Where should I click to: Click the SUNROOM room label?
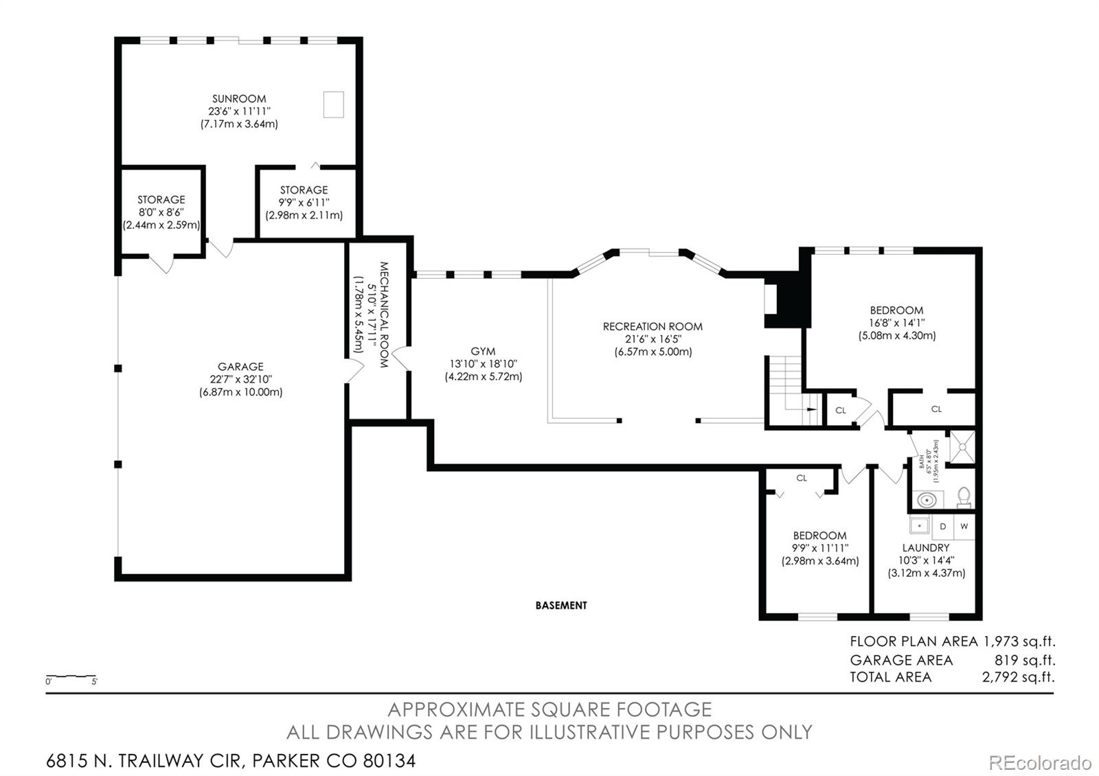pos(239,99)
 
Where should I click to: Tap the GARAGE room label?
pos(240,367)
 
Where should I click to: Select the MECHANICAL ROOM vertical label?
pos(384,315)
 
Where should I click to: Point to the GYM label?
pos(483,351)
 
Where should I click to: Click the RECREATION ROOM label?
pos(653,326)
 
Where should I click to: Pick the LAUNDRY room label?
pos(926,547)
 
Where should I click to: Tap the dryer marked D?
pos(942,527)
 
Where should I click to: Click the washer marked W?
pos(964,527)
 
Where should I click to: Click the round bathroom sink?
pos(927,501)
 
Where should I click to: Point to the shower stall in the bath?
pos(962,447)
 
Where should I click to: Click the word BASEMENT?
pos(561,605)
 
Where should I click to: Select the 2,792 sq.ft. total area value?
pos(1018,677)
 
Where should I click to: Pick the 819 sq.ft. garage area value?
pos(1025,660)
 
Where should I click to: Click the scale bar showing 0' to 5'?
pos(71,676)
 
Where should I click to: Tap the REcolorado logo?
pos(1040,763)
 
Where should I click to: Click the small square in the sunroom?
pos(333,104)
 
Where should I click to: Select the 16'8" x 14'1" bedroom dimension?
pos(897,323)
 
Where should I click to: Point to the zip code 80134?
pos(389,761)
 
